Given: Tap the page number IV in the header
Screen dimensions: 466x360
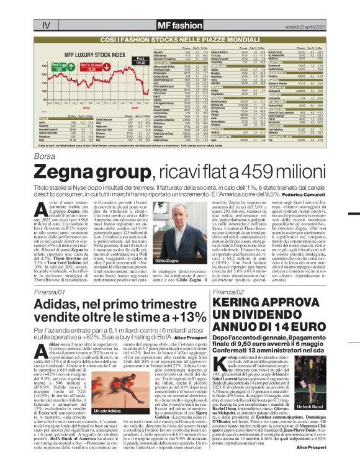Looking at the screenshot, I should [x=45, y=8].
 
